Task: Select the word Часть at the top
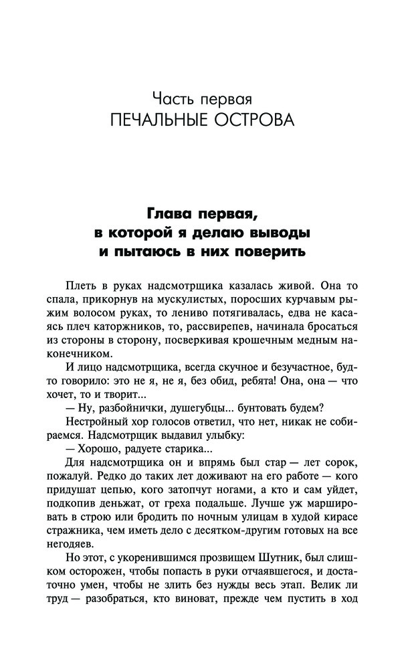pyautogui.click(x=172, y=100)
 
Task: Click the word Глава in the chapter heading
pyautogui.click(x=170, y=215)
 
